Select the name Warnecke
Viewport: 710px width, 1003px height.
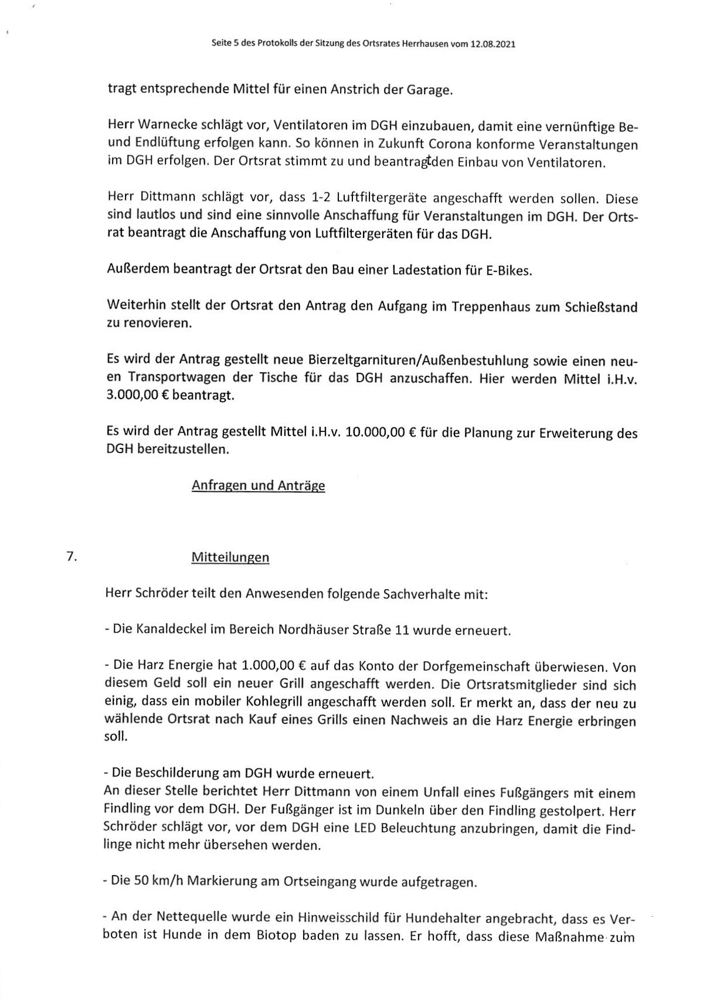point(168,126)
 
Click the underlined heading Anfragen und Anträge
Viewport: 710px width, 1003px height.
point(258,486)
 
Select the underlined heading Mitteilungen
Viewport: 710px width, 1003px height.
point(230,557)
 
